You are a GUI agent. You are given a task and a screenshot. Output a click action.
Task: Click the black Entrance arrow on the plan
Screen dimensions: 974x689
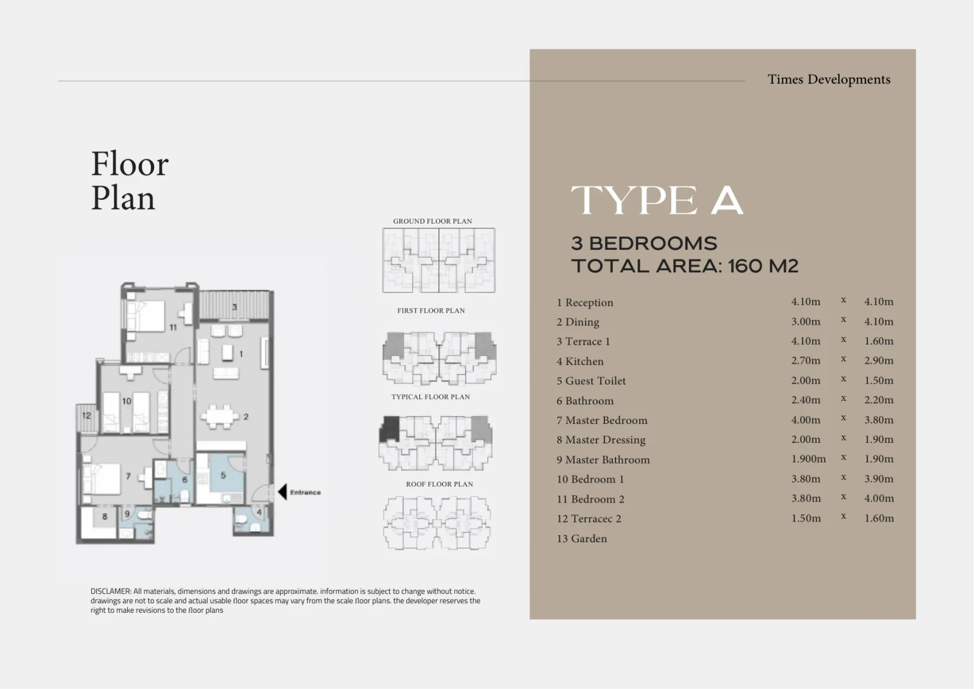(282, 492)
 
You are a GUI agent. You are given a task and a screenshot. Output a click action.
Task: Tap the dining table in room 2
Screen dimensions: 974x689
(220, 417)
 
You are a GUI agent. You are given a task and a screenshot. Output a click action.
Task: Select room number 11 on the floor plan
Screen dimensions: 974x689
(173, 327)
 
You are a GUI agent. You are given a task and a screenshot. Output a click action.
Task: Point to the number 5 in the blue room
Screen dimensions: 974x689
(223, 475)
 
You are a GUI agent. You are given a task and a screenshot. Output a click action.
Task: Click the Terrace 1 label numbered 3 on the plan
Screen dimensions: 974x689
(235, 307)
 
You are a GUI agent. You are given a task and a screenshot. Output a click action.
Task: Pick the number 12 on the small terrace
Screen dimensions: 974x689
(86, 415)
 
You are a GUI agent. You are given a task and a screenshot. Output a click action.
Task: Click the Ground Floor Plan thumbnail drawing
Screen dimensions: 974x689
(439, 260)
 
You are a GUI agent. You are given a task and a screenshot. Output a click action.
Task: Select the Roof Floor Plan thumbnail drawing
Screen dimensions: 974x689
(437, 523)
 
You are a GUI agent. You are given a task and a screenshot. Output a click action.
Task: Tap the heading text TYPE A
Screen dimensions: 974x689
(657, 200)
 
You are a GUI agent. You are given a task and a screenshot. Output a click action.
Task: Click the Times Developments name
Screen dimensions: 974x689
(829, 79)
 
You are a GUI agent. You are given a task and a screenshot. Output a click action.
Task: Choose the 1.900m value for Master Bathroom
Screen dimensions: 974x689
(808, 459)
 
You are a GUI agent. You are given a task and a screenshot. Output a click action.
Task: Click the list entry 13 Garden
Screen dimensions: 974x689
(582, 539)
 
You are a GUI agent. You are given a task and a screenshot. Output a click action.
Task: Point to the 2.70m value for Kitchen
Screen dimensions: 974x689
(806, 361)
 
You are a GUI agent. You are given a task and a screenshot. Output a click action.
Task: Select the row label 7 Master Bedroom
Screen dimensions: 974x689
(602, 420)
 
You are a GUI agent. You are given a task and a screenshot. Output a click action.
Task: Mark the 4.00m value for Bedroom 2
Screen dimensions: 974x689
(879, 498)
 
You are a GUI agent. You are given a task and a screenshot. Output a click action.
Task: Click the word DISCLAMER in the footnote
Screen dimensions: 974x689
(111, 591)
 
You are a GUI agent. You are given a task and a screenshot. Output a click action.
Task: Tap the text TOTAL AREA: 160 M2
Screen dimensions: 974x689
(685, 266)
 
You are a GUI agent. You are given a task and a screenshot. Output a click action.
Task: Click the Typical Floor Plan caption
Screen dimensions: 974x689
(430, 397)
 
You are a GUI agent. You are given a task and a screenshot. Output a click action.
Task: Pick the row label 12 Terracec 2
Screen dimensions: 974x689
(589, 519)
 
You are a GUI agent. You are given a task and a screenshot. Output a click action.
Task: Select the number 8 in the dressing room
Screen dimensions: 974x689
(104, 517)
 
